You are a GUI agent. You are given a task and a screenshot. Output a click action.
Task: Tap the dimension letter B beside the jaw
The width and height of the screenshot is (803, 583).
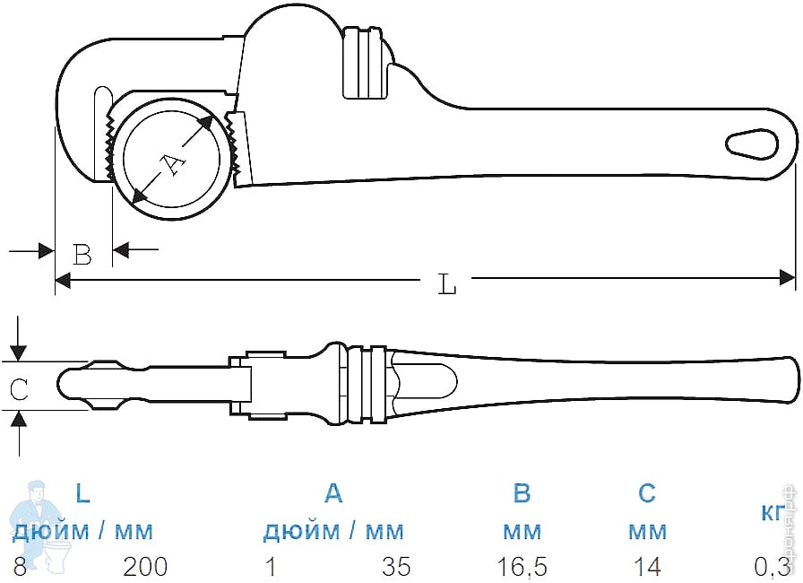pyautogui.click(x=82, y=255)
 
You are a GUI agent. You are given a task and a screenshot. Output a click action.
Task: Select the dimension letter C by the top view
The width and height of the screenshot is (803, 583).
pyautogui.click(x=19, y=389)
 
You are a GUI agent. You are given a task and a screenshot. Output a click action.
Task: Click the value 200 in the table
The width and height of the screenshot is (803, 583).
pyautogui.click(x=145, y=567)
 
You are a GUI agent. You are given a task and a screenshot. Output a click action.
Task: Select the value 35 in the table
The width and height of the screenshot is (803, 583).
pyautogui.click(x=396, y=567)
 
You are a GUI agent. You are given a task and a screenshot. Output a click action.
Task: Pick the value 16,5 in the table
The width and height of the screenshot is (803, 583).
pyautogui.click(x=522, y=567)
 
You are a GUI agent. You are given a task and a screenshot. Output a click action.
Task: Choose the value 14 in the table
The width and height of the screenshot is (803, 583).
pyautogui.click(x=646, y=567)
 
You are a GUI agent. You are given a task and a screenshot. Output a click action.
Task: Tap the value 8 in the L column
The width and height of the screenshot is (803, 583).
pyautogui.click(x=20, y=567)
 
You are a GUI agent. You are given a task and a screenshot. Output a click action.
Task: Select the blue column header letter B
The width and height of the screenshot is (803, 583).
pyautogui.click(x=522, y=493)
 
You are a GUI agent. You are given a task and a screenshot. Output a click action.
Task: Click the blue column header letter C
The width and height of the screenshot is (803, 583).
pyautogui.click(x=646, y=493)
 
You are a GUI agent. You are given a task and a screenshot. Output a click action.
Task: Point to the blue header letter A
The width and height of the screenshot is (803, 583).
pyautogui.click(x=332, y=493)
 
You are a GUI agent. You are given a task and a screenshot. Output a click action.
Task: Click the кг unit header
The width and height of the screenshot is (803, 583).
pyautogui.click(x=773, y=512)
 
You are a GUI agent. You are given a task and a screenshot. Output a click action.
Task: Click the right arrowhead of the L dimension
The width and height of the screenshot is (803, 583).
pyautogui.click(x=788, y=278)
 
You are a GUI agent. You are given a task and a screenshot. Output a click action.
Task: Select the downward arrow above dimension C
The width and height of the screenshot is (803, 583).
pyautogui.click(x=19, y=352)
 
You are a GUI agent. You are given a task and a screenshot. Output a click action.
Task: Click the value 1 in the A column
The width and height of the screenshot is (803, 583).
pyautogui.click(x=269, y=567)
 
